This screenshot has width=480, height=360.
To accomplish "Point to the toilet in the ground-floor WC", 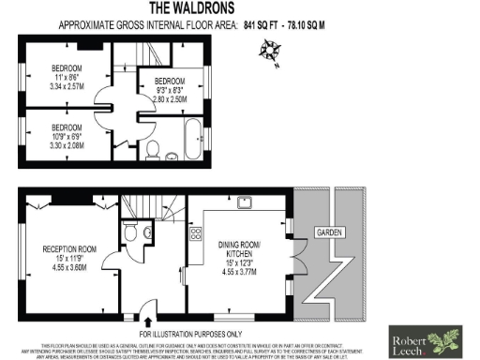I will point(133,230).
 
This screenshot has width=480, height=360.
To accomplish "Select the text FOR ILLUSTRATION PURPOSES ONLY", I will point(190,333).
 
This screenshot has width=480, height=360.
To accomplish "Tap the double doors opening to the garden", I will point(299,254).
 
